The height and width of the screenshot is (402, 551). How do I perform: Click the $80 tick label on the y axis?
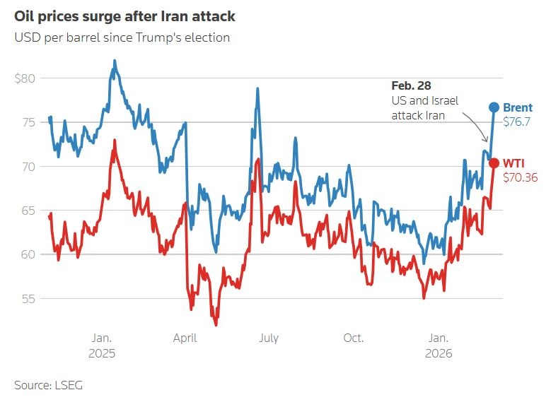tap(25, 78)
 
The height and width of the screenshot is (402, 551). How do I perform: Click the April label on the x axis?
tap(185, 338)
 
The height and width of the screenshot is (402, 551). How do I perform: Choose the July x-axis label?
tap(269, 338)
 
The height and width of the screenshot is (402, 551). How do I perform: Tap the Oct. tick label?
tap(353, 338)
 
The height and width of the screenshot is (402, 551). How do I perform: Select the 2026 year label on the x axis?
tap(439, 353)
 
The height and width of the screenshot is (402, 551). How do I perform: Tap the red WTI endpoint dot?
tap(494, 163)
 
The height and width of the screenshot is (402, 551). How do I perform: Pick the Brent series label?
tap(518, 108)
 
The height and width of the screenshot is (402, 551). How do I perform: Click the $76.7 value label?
tap(517, 122)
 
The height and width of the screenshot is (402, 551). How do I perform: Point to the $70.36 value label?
tap(520, 177)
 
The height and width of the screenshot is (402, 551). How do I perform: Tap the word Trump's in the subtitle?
tap(162, 37)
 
